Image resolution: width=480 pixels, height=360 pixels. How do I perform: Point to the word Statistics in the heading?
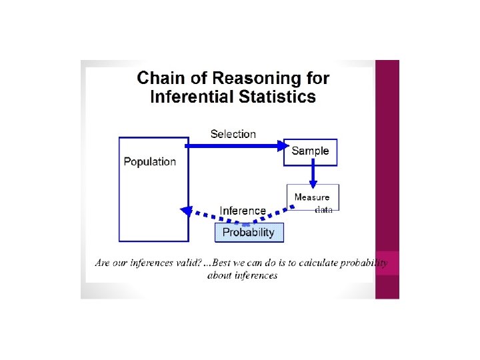275,97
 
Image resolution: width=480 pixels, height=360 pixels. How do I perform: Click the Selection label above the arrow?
233,134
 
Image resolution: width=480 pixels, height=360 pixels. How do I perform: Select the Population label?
150,161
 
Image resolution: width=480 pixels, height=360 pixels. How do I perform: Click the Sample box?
311,151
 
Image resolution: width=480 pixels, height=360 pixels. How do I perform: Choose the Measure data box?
313,197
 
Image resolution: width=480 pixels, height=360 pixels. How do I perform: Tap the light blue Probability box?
249,232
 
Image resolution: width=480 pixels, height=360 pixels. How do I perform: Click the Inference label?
243,211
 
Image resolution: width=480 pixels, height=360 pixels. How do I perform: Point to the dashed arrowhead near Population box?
187,210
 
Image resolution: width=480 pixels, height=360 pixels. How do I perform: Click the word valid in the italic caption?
185,263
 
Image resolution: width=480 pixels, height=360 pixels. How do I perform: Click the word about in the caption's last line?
220,275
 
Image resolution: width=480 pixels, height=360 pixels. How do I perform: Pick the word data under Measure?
323,209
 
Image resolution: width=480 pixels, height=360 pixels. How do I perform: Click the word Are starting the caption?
103,263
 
